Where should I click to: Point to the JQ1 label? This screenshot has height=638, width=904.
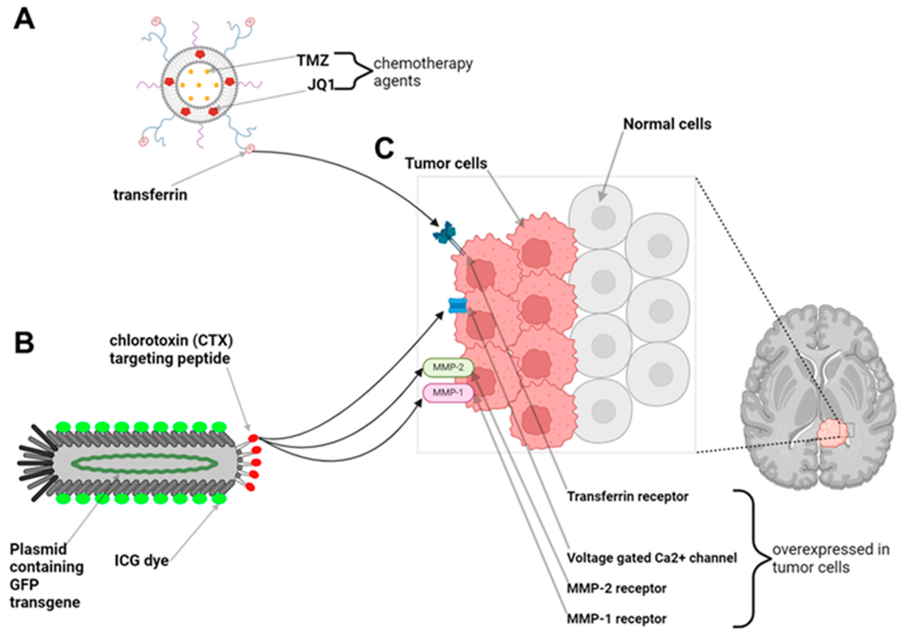[320, 85]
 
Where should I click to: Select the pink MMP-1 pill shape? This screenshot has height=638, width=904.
[448, 392]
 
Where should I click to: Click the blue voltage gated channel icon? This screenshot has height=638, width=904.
[458, 305]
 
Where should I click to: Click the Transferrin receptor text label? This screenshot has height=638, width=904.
[627, 497]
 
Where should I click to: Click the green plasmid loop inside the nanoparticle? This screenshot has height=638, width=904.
[144, 463]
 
